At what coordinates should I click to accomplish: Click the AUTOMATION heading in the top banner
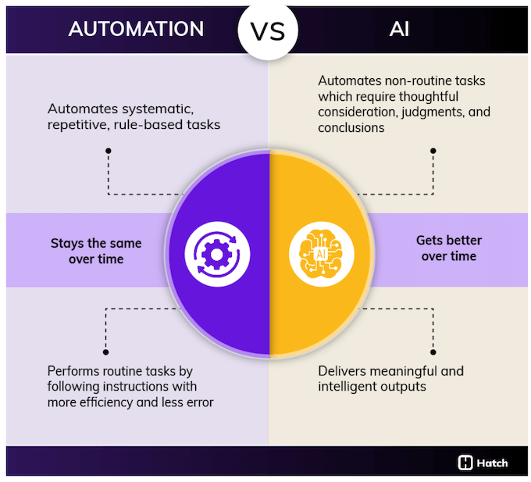tap(136, 29)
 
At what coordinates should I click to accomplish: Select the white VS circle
tap(268, 29)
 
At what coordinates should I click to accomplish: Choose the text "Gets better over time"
tap(448, 248)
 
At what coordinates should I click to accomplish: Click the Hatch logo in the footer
tap(483, 462)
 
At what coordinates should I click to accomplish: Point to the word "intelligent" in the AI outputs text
tap(350, 386)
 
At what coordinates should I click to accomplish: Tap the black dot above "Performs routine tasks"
tap(107, 352)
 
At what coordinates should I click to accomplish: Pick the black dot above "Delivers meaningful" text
tap(433, 352)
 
